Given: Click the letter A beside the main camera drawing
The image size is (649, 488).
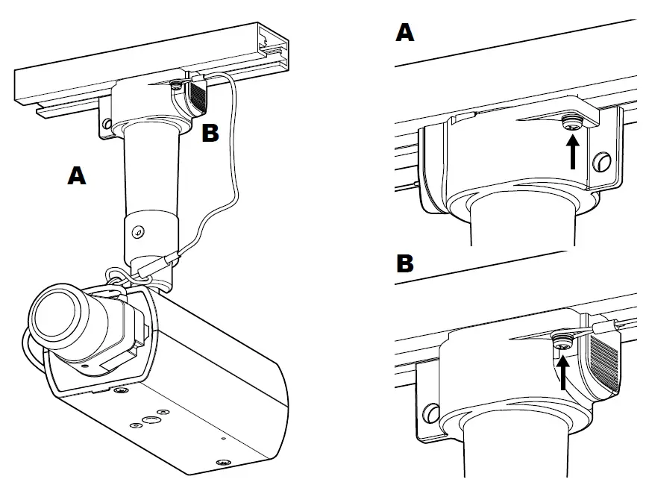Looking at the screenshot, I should pyautogui.click(x=76, y=175).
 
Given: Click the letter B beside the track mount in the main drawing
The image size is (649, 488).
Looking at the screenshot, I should pyautogui.click(x=211, y=134).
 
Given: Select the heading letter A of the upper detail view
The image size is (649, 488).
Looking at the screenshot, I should pyautogui.click(x=405, y=32).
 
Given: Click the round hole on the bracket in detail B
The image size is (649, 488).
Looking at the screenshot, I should pyautogui.click(x=430, y=411).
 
